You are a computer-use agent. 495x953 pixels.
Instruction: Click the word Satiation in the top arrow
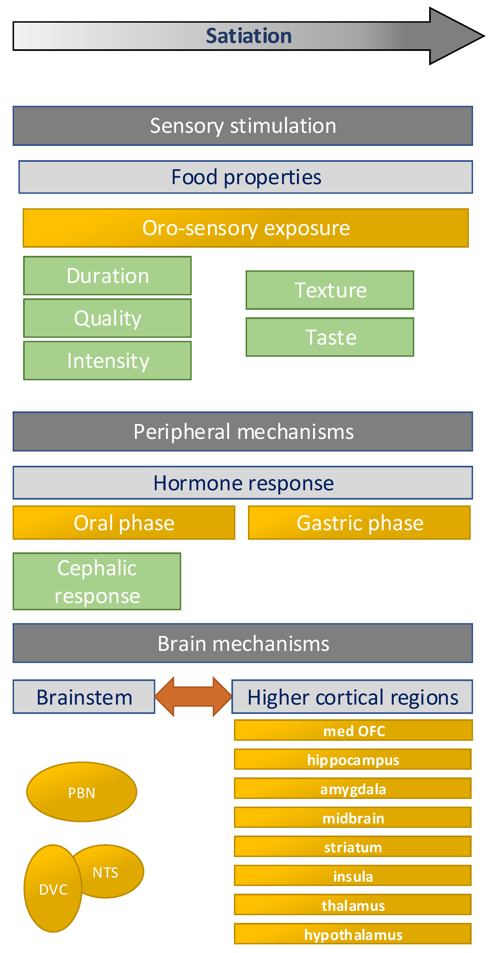point(249,36)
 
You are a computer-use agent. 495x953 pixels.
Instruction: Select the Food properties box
point(246,177)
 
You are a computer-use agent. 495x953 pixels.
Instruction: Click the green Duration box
point(107,276)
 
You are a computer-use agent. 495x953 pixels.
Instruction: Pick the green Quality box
point(107,318)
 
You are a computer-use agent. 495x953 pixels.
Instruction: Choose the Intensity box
point(107,361)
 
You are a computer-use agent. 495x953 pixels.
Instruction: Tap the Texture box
point(330,290)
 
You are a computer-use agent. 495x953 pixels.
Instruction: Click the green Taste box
point(330,337)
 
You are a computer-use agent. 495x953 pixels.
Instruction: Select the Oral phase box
point(124,523)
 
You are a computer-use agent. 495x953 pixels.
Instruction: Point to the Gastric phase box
point(359,523)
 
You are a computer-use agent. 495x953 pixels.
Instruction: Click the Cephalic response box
point(97,581)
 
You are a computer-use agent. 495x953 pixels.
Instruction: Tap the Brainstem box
point(84,697)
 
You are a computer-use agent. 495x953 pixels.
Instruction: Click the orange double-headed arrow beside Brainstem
point(193,697)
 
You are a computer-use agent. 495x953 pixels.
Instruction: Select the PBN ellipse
point(82,792)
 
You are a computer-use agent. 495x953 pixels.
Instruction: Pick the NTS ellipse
point(111,872)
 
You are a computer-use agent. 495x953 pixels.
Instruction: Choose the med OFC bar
point(353,730)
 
